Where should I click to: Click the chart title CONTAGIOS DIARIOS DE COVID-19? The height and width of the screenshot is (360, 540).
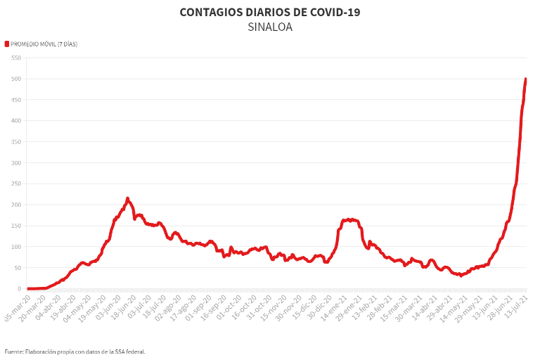[270, 13]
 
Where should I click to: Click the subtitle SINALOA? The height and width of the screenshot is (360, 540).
[270, 27]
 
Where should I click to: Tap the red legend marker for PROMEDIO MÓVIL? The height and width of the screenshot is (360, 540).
[7, 44]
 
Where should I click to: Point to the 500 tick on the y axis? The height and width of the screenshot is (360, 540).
[15, 79]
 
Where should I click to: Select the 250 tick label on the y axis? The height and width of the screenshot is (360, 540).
[15, 184]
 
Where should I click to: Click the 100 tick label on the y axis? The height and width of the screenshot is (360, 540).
[15, 247]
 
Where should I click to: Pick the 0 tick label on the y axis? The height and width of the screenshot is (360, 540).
[18, 289]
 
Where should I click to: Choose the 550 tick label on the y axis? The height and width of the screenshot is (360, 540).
[15, 58]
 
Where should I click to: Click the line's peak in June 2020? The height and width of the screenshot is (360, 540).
[127, 198]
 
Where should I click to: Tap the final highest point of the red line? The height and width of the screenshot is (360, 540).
[526, 79]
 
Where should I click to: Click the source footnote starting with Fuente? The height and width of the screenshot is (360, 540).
[75, 351]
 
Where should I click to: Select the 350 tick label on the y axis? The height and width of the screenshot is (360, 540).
[15, 142]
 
